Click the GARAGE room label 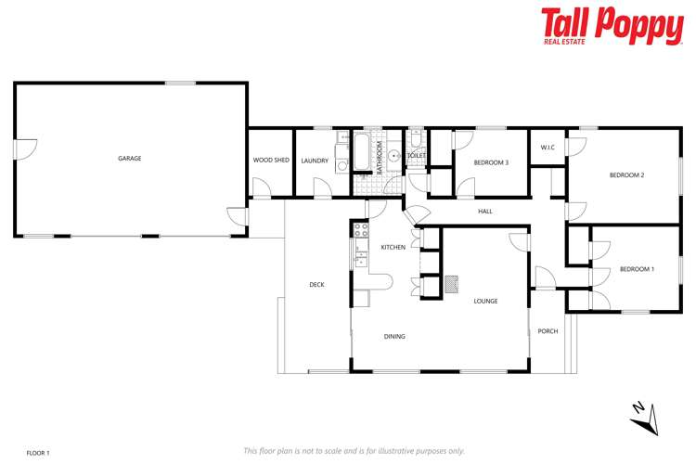tap(129, 159)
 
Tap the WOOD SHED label tap(271, 161)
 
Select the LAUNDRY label tap(315, 161)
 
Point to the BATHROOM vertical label tap(380, 158)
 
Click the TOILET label tap(417, 156)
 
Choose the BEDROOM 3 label tap(491, 162)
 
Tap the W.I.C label tap(548, 148)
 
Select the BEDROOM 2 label tap(626, 174)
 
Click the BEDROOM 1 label tap(637, 269)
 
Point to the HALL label tap(485, 212)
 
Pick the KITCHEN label tap(393, 247)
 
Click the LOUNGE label tap(485, 301)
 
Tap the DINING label tap(394, 336)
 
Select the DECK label tap(316, 285)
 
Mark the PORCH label tap(548, 330)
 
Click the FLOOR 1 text tap(38, 452)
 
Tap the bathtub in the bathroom tap(361, 153)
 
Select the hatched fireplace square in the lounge tap(452, 284)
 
